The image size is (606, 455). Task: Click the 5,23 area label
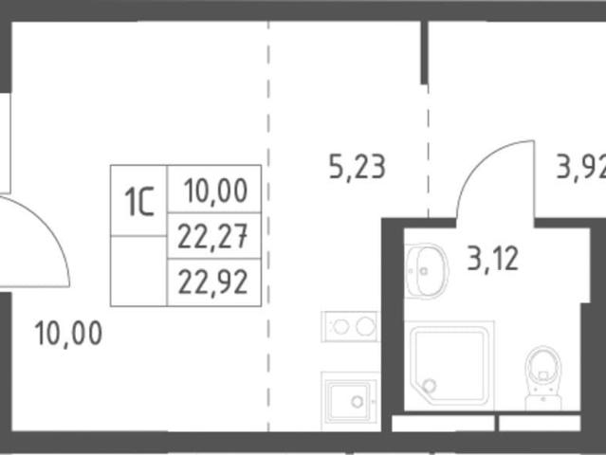coord(358,167)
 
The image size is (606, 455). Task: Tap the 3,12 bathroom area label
coord(492,259)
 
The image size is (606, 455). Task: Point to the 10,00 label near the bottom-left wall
coord(68,333)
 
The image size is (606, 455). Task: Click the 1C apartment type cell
coord(138,200)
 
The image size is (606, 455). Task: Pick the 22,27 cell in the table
coord(214,236)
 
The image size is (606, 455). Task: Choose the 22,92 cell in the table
coord(214,282)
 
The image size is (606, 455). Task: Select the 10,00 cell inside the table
coord(214,190)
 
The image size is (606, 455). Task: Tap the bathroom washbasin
coord(427,271)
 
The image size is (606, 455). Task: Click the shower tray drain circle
coord(429,386)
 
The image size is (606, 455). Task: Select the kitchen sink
coord(350,401)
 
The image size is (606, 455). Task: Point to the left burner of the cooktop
coord(340,327)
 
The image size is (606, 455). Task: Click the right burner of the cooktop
coord(365,327)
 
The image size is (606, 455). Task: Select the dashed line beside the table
coord(268,226)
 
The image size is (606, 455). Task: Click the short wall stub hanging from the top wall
coord(424,52)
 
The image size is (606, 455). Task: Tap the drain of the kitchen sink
coord(358,402)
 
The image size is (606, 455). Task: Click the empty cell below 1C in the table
coord(138,271)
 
